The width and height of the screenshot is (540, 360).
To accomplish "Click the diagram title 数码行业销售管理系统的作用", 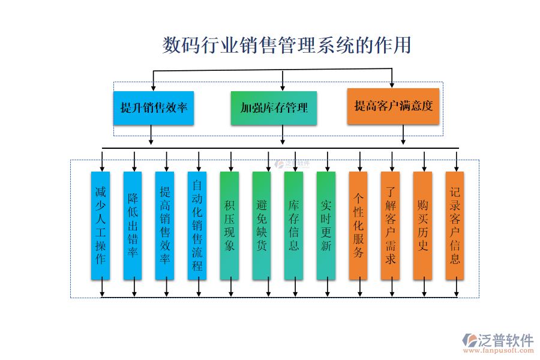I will tap(287, 45).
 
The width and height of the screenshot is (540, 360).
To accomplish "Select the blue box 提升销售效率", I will tap(154, 108).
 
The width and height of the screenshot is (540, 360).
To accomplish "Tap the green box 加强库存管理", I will tap(274, 108).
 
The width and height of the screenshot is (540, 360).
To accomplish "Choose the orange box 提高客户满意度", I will tap(394, 106).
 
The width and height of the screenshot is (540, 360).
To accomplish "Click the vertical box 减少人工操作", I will tap(100, 226).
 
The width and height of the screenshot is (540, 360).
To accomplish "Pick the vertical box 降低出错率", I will tap(133, 226).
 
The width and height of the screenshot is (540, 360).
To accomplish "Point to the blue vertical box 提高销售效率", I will tap(165, 226).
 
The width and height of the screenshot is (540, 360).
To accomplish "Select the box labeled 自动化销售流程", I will tap(197, 226).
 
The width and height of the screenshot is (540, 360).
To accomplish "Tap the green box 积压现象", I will tap(229, 226).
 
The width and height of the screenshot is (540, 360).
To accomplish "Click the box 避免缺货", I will tap(262, 226).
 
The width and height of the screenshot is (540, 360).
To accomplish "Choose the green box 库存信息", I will tap(294, 226).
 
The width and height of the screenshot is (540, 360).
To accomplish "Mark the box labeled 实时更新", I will tap(326, 226).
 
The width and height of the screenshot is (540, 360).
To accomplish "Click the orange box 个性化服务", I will tap(358, 226).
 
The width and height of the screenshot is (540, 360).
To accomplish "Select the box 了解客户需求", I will tap(391, 226).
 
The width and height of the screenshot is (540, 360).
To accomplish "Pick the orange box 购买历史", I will tap(423, 226).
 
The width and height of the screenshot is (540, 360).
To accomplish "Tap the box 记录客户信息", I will tap(455, 226).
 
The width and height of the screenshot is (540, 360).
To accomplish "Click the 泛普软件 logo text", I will tap(505, 340).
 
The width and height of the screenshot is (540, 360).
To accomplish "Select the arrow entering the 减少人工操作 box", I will tap(102, 162).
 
